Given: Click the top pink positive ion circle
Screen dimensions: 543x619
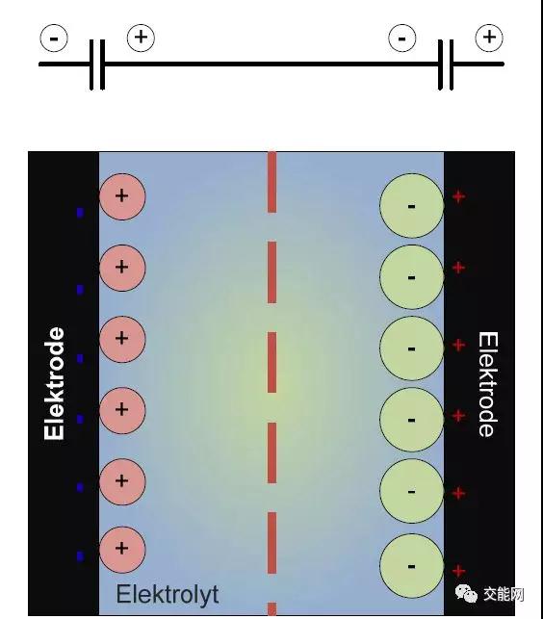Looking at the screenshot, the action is pos(122,196).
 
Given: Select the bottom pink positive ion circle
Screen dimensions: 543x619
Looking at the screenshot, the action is pos(122,549).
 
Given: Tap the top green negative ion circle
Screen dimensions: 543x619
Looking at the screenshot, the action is pos(411,206).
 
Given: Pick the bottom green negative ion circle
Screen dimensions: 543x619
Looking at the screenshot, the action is pos(411,566).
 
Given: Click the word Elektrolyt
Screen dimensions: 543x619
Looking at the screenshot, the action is pos(168,595).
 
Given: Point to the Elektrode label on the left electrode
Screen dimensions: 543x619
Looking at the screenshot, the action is pos(54,383).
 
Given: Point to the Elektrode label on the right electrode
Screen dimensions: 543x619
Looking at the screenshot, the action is pos(488,384).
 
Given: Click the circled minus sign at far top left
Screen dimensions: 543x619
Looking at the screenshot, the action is pos(54,39).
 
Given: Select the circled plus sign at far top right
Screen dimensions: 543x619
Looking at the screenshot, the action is pos(489,38).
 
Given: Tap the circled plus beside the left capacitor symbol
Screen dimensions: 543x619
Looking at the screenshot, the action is pos(141,38).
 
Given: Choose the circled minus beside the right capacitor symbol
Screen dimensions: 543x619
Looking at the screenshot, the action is pos(402,39).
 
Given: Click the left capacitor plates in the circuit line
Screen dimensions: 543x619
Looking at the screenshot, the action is pos(97,64).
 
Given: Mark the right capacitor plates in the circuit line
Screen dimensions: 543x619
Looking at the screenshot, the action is pos(446,64).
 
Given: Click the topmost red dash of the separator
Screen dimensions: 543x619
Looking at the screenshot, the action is pos(271,182).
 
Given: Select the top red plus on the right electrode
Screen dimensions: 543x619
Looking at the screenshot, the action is pos(458,196).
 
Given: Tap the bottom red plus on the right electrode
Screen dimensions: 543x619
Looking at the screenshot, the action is pos(458,571).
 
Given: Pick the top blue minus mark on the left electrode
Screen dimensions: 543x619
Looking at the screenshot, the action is pos(80,213).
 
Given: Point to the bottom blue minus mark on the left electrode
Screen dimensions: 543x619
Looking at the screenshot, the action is pos(80,556).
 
